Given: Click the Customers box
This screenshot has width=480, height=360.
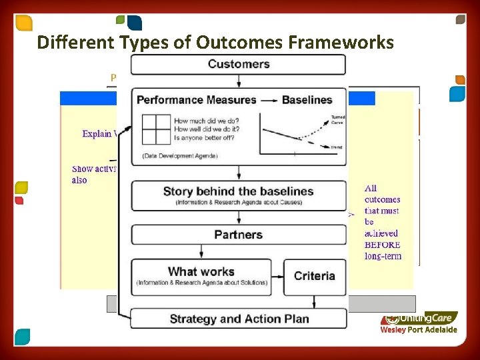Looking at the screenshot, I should [x=239, y=65].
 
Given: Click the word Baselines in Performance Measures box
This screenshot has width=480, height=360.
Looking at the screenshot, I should [x=307, y=100].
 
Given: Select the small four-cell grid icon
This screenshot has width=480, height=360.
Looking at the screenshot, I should [x=153, y=129].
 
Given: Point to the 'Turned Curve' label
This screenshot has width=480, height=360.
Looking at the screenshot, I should [x=337, y=119].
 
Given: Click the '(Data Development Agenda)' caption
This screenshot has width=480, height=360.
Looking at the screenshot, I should [x=179, y=155].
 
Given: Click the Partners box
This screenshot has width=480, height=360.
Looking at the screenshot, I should [x=239, y=235].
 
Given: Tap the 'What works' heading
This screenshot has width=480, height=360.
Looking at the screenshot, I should [x=201, y=271].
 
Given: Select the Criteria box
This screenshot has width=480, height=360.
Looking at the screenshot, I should [x=314, y=276].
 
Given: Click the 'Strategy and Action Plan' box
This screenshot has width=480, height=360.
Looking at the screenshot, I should [x=239, y=319].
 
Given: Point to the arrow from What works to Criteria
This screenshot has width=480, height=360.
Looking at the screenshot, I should [x=278, y=276].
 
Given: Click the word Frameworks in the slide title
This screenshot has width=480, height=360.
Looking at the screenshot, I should [x=341, y=43].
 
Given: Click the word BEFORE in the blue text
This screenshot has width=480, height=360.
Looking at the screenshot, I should [x=382, y=245].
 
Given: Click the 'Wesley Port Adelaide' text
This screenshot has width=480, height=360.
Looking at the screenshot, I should [x=419, y=329].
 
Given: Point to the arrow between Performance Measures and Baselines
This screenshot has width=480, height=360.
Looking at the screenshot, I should [x=269, y=100].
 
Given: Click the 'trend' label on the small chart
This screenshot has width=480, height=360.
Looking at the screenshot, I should [x=336, y=146].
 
